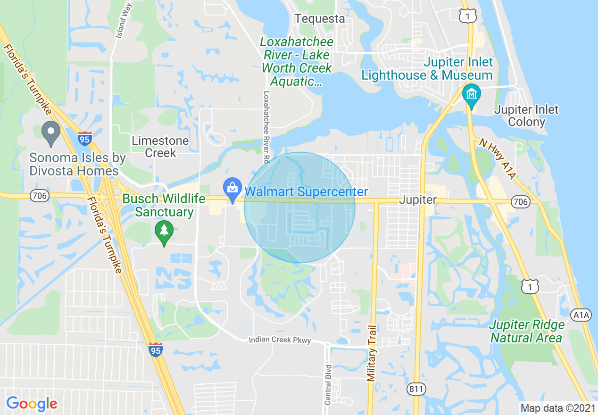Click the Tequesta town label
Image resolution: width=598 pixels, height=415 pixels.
click(x=320, y=19)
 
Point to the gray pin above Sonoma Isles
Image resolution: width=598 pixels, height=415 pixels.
click(x=51, y=133)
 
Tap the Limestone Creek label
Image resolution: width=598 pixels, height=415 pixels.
click(x=160, y=147)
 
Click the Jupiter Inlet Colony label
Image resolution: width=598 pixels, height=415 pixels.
click(x=526, y=116)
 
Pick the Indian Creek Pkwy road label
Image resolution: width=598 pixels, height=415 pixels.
click(x=280, y=340)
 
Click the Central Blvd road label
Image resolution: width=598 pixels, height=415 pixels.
click(x=328, y=385)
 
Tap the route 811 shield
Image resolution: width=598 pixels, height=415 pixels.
click(x=416, y=389)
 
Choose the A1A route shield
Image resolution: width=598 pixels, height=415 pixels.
click(x=581, y=315)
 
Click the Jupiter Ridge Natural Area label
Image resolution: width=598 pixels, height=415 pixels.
click(x=526, y=332)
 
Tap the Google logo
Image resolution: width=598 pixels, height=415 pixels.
click(x=32, y=404)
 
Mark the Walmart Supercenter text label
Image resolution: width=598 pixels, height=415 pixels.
click(x=306, y=192)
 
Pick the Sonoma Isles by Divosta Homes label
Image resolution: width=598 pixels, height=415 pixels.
click(x=77, y=164)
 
